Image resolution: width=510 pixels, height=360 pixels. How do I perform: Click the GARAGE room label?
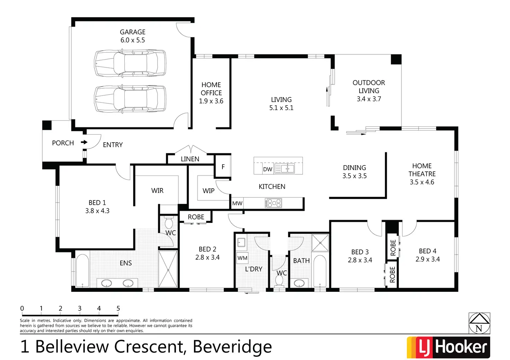point(133,32)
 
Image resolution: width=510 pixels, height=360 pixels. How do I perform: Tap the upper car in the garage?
point(130,63)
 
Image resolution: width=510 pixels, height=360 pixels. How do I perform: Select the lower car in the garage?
point(130,99)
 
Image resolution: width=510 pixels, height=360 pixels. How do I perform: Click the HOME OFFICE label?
point(211,89)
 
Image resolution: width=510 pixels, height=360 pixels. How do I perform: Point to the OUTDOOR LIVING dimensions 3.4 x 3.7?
point(369,99)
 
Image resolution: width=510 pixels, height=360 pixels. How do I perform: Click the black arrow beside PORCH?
point(84,142)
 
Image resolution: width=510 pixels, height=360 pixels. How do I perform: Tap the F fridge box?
point(223,167)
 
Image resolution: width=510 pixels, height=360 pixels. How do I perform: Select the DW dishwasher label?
point(267,169)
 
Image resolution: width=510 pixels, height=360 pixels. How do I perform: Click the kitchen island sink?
point(288,169)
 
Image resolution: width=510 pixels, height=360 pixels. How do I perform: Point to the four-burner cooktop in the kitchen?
point(273,203)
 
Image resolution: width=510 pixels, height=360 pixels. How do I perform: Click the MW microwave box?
point(237,204)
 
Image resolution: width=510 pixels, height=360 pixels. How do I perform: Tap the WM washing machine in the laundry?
point(243,258)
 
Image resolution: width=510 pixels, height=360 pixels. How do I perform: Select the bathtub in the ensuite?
point(82,271)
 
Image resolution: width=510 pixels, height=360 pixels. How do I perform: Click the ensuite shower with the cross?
point(168,269)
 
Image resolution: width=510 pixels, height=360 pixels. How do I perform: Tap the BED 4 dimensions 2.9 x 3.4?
point(428,259)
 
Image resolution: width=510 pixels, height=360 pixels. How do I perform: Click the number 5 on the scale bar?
point(118,308)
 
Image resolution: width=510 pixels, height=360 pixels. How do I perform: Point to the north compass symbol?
point(479,323)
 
